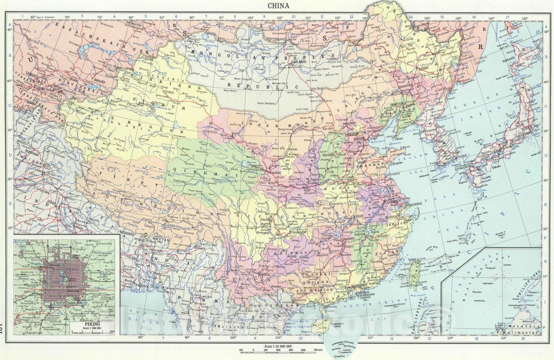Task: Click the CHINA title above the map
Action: [279, 6]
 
